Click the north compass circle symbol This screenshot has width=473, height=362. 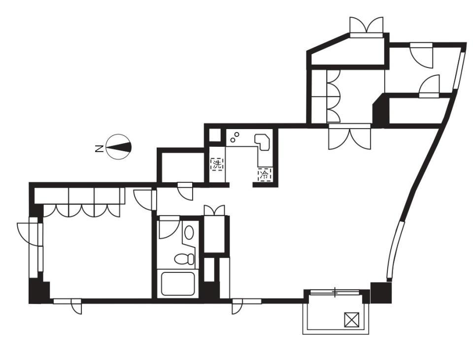click(x=119, y=147)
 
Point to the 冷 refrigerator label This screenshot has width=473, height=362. click(x=265, y=174)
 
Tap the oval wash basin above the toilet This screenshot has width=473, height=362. click(x=189, y=232)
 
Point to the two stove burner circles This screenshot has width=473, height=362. click(x=235, y=136)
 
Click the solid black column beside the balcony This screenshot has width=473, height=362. click(x=381, y=293)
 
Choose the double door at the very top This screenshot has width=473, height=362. click(x=366, y=26)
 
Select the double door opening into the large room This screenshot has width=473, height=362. click(x=349, y=138)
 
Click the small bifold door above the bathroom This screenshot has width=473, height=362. click(x=214, y=210)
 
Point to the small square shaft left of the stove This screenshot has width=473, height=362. click(x=215, y=135)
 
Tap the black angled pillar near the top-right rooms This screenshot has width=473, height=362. click(x=380, y=111)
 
